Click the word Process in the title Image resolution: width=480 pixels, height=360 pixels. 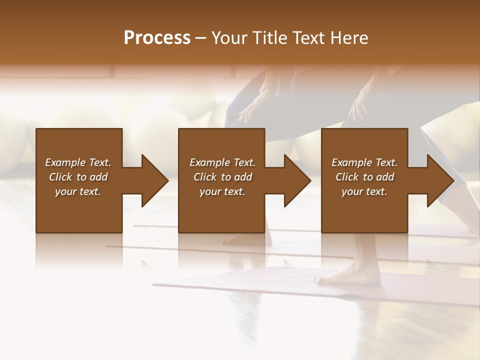[157, 38]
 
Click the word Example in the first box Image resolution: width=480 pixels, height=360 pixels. [65, 162]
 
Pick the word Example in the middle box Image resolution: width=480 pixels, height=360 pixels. [210, 162]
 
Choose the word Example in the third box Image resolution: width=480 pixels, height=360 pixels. [352, 162]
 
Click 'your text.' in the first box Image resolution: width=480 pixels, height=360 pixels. [78, 191]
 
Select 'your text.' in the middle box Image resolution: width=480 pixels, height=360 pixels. [222, 191]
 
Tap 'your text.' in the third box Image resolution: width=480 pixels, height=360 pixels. [364, 191]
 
